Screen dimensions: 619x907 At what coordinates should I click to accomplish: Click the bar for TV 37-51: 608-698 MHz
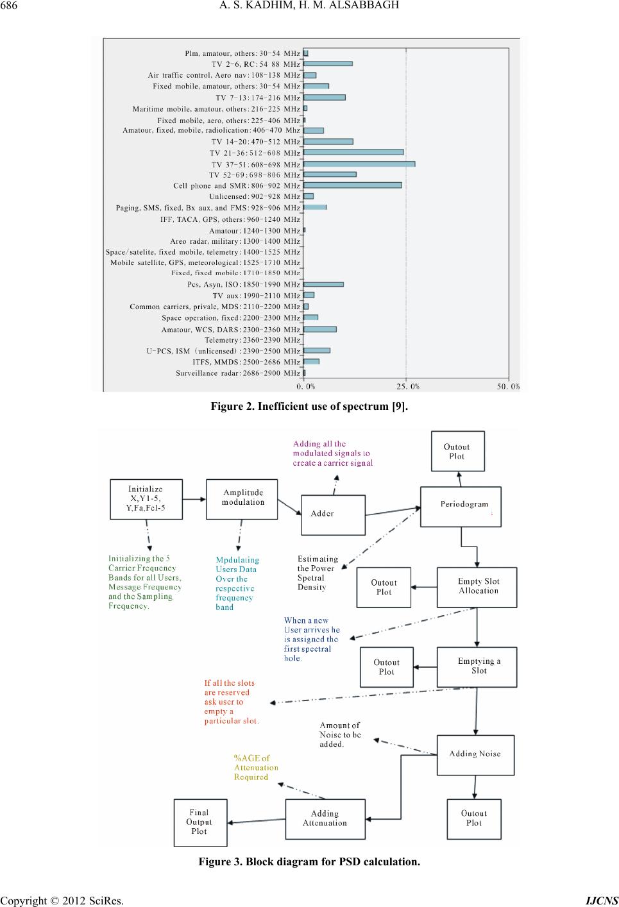click(x=359, y=164)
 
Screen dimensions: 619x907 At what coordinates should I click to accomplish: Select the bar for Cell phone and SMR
click(x=353, y=185)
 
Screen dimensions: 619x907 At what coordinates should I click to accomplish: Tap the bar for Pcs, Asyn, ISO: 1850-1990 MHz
click(x=323, y=284)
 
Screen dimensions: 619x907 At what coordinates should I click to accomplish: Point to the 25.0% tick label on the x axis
click(x=408, y=387)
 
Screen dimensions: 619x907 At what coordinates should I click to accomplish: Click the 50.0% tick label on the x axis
click(x=509, y=387)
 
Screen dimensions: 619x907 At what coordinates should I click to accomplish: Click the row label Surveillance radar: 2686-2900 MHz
click(x=238, y=373)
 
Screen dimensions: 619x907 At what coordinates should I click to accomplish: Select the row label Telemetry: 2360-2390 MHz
click(x=253, y=340)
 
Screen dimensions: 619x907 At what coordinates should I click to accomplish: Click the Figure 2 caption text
click(x=309, y=406)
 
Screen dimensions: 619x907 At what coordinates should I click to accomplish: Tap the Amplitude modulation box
click(x=242, y=499)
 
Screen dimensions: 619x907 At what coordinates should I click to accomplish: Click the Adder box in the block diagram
click(x=333, y=514)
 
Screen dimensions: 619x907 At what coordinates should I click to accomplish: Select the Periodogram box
click(x=461, y=507)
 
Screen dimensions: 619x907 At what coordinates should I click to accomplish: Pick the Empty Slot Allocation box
click(x=477, y=587)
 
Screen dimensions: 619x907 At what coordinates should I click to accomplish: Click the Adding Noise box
click(x=476, y=755)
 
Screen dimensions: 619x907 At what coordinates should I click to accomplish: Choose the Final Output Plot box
click(x=200, y=822)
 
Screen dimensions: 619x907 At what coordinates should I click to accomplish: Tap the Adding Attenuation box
click(x=325, y=818)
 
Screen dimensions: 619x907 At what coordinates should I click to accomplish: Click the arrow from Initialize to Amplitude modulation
click(x=194, y=499)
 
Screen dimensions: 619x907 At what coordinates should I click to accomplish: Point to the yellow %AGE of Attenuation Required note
click(x=256, y=767)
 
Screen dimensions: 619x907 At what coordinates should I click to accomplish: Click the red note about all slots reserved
click(x=231, y=702)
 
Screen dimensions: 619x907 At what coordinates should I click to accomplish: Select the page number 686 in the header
click(x=9, y=5)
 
